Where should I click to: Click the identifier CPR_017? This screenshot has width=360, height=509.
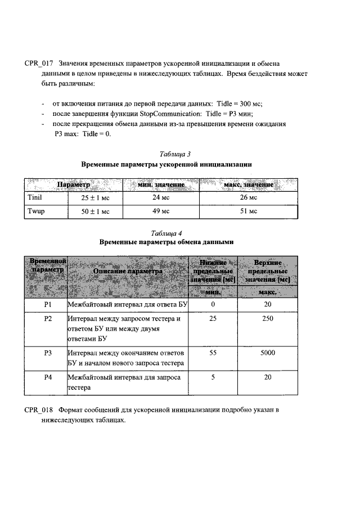38,63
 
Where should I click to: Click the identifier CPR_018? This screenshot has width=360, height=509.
38,410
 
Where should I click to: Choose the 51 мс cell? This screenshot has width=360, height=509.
248,211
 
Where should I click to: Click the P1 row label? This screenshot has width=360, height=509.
48,304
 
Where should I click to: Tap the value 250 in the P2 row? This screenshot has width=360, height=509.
267,319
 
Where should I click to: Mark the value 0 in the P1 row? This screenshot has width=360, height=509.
213,304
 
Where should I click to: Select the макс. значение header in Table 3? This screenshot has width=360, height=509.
248,184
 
